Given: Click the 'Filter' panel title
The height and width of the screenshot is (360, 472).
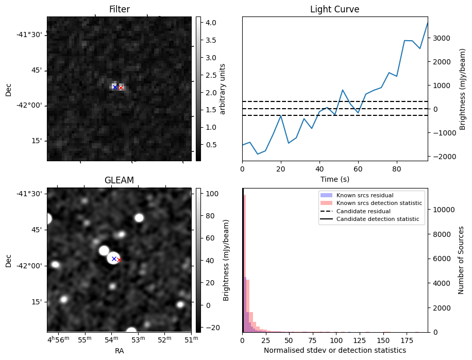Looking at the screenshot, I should coord(120,9).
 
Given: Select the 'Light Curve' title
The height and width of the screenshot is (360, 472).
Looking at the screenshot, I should coord(334,9).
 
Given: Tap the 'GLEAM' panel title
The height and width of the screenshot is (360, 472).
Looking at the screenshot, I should coord(119,180).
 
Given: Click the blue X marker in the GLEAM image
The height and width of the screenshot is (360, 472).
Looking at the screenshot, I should coord(114,259).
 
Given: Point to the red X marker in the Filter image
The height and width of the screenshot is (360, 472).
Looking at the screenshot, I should coord(121,88).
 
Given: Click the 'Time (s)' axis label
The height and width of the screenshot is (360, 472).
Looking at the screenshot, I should coord(334,178).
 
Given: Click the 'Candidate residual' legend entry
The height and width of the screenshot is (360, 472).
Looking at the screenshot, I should coord(364,212).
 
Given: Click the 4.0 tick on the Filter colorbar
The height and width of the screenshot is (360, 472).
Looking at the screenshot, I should coord(210,23).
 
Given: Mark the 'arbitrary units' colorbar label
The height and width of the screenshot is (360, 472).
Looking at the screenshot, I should coord(223,89).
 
